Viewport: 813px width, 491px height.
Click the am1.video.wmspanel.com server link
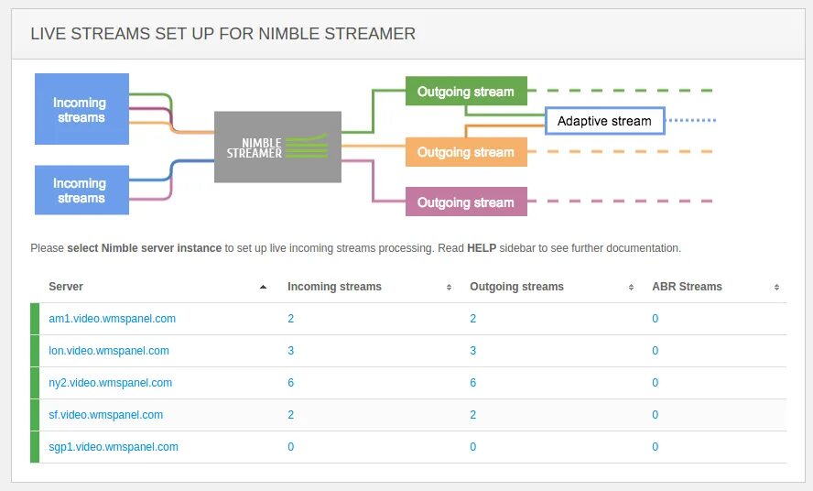[x=112, y=319]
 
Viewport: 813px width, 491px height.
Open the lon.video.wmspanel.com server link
[x=109, y=351]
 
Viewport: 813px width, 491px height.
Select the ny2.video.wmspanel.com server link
[x=110, y=383]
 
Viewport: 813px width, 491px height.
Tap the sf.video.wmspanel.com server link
[x=105, y=415]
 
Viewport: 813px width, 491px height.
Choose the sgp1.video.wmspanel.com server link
[x=114, y=447]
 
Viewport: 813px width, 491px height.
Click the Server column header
[x=66, y=287]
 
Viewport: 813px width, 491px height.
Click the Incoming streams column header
[x=334, y=287]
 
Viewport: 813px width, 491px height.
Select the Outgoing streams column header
[x=516, y=287]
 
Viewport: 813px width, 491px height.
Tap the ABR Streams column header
[x=687, y=287]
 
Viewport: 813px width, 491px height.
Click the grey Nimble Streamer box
[x=277, y=147]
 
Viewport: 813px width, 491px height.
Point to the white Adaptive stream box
[x=604, y=121]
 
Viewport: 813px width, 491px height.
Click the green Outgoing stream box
[x=466, y=92]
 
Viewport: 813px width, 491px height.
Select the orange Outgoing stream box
[x=466, y=152]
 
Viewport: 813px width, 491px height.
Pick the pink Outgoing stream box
[x=466, y=202]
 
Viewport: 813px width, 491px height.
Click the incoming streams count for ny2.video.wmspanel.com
[x=291, y=383]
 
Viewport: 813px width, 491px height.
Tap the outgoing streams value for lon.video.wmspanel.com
[x=473, y=351]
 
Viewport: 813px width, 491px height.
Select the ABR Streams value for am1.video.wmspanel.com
[x=656, y=319]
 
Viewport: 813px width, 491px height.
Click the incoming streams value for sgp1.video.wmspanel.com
[x=291, y=447]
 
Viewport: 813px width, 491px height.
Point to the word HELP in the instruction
[x=482, y=248]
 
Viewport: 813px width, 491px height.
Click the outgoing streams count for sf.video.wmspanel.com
[x=473, y=415]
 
